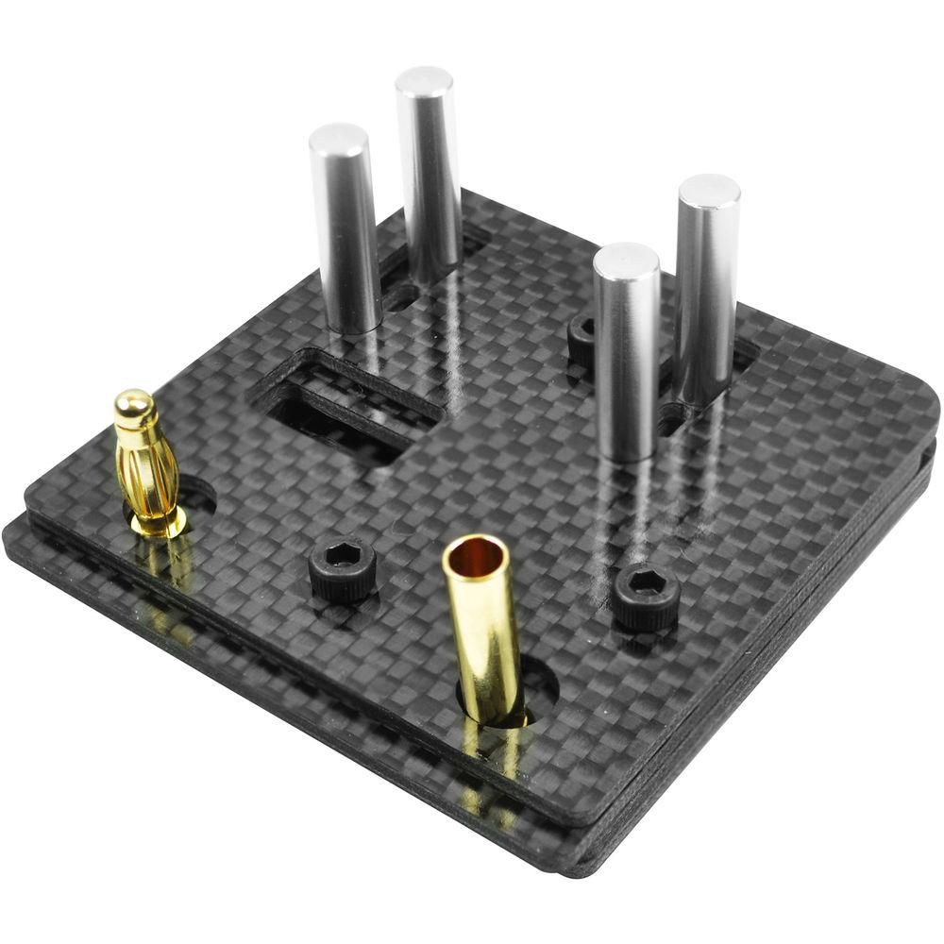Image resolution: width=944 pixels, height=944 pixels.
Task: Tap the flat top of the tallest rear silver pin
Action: pos(424,80)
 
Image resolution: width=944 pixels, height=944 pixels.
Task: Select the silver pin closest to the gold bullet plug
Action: pos(345,231)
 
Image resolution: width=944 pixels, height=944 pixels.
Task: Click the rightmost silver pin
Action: pos(707,288)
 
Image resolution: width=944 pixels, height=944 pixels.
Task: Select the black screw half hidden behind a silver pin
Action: pos(582,341)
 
